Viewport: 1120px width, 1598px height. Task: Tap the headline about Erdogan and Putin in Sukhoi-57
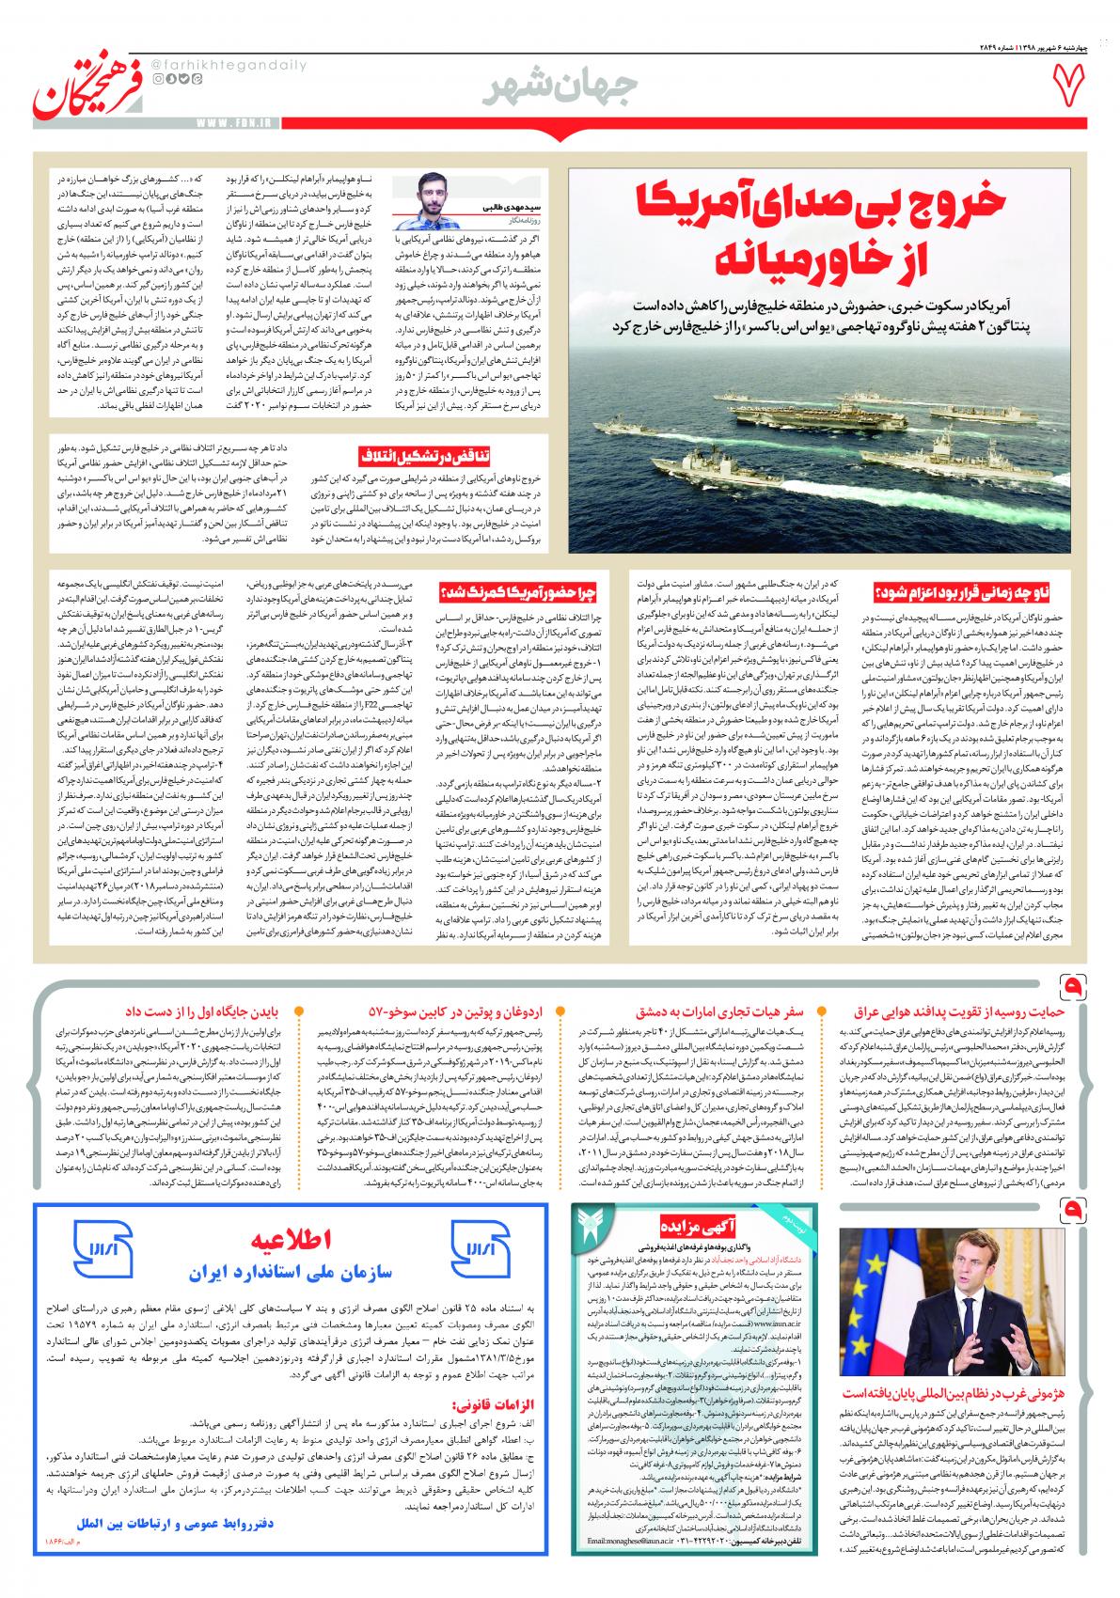click(x=456, y=1010)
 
